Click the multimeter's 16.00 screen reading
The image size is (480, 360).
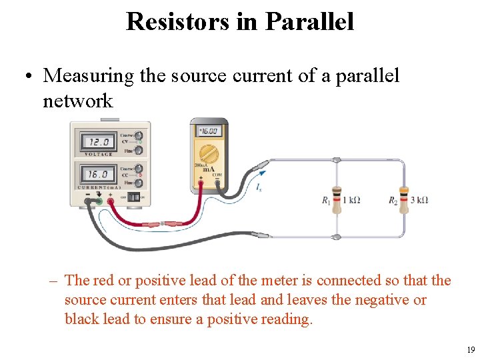[208, 132]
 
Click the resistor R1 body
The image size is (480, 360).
[337, 199]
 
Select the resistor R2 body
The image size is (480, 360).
[403, 199]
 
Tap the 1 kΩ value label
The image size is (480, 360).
[351, 200]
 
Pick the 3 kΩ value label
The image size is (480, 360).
[418, 200]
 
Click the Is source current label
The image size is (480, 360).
[259, 189]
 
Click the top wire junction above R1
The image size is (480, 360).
[337, 161]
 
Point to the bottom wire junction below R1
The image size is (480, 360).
[337, 236]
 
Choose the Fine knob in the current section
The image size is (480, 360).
[139, 182]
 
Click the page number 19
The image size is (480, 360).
[471, 350]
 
